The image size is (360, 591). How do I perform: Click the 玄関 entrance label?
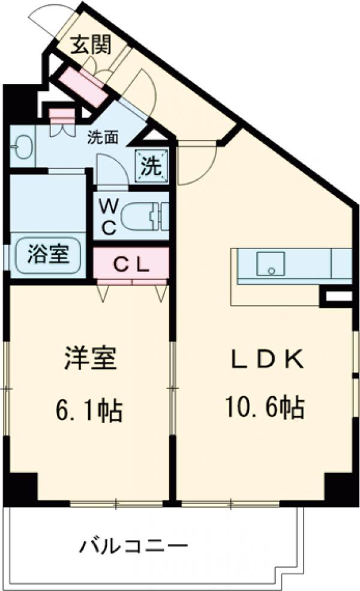pos(89,45)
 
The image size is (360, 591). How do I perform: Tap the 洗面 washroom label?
pos(103,137)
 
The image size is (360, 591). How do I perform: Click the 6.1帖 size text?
pos(89,410)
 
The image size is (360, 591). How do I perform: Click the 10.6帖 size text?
pos(265,409)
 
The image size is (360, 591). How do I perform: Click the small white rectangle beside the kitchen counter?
pos(338,296)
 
